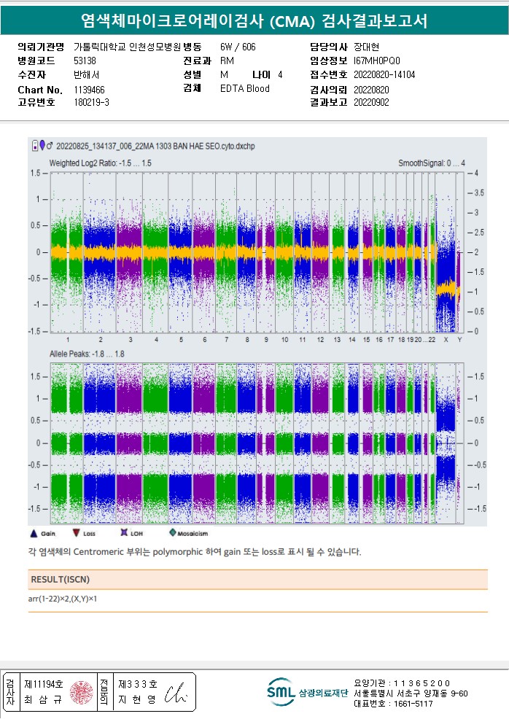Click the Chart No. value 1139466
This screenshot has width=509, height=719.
[89, 90]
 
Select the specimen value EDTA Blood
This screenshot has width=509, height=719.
[244, 89]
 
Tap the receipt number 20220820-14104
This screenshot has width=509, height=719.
[384, 74]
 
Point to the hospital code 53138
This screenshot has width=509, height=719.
[85, 61]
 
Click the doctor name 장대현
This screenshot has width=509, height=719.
[365, 47]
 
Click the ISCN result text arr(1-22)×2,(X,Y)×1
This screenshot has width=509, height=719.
[62, 599]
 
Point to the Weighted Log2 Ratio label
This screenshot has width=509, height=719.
[100, 163]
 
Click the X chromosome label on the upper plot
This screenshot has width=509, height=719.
[446, 340]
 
